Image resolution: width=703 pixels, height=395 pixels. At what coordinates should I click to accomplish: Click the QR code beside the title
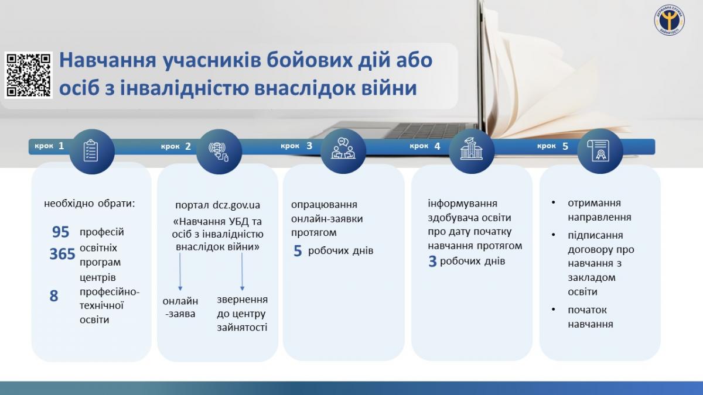[x=29, y=75]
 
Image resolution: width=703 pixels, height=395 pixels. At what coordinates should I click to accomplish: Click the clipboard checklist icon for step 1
[x=91, y=151]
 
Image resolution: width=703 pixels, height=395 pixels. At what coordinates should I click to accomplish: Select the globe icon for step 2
[x=219, y=152]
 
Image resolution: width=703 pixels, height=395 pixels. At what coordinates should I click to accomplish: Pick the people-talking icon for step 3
[x=343, y=151]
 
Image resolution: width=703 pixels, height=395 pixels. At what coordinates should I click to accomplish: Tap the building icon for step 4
[x=471, y=151]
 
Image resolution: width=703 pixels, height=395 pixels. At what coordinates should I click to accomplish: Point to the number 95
[x=60, y=232]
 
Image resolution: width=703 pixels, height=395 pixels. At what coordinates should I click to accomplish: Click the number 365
[x=62, y=254]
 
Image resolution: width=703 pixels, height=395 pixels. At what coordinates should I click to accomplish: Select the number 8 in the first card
[x=54, y=296]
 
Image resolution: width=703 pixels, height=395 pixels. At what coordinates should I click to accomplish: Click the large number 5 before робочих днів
[x=298, y=252]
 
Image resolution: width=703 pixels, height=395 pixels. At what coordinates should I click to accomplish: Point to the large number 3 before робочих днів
[x=432, y=262]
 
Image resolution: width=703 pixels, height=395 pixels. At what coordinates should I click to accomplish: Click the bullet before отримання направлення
[x=554, y=203]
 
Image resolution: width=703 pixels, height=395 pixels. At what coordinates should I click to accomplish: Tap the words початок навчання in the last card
[x=590, y=317]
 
